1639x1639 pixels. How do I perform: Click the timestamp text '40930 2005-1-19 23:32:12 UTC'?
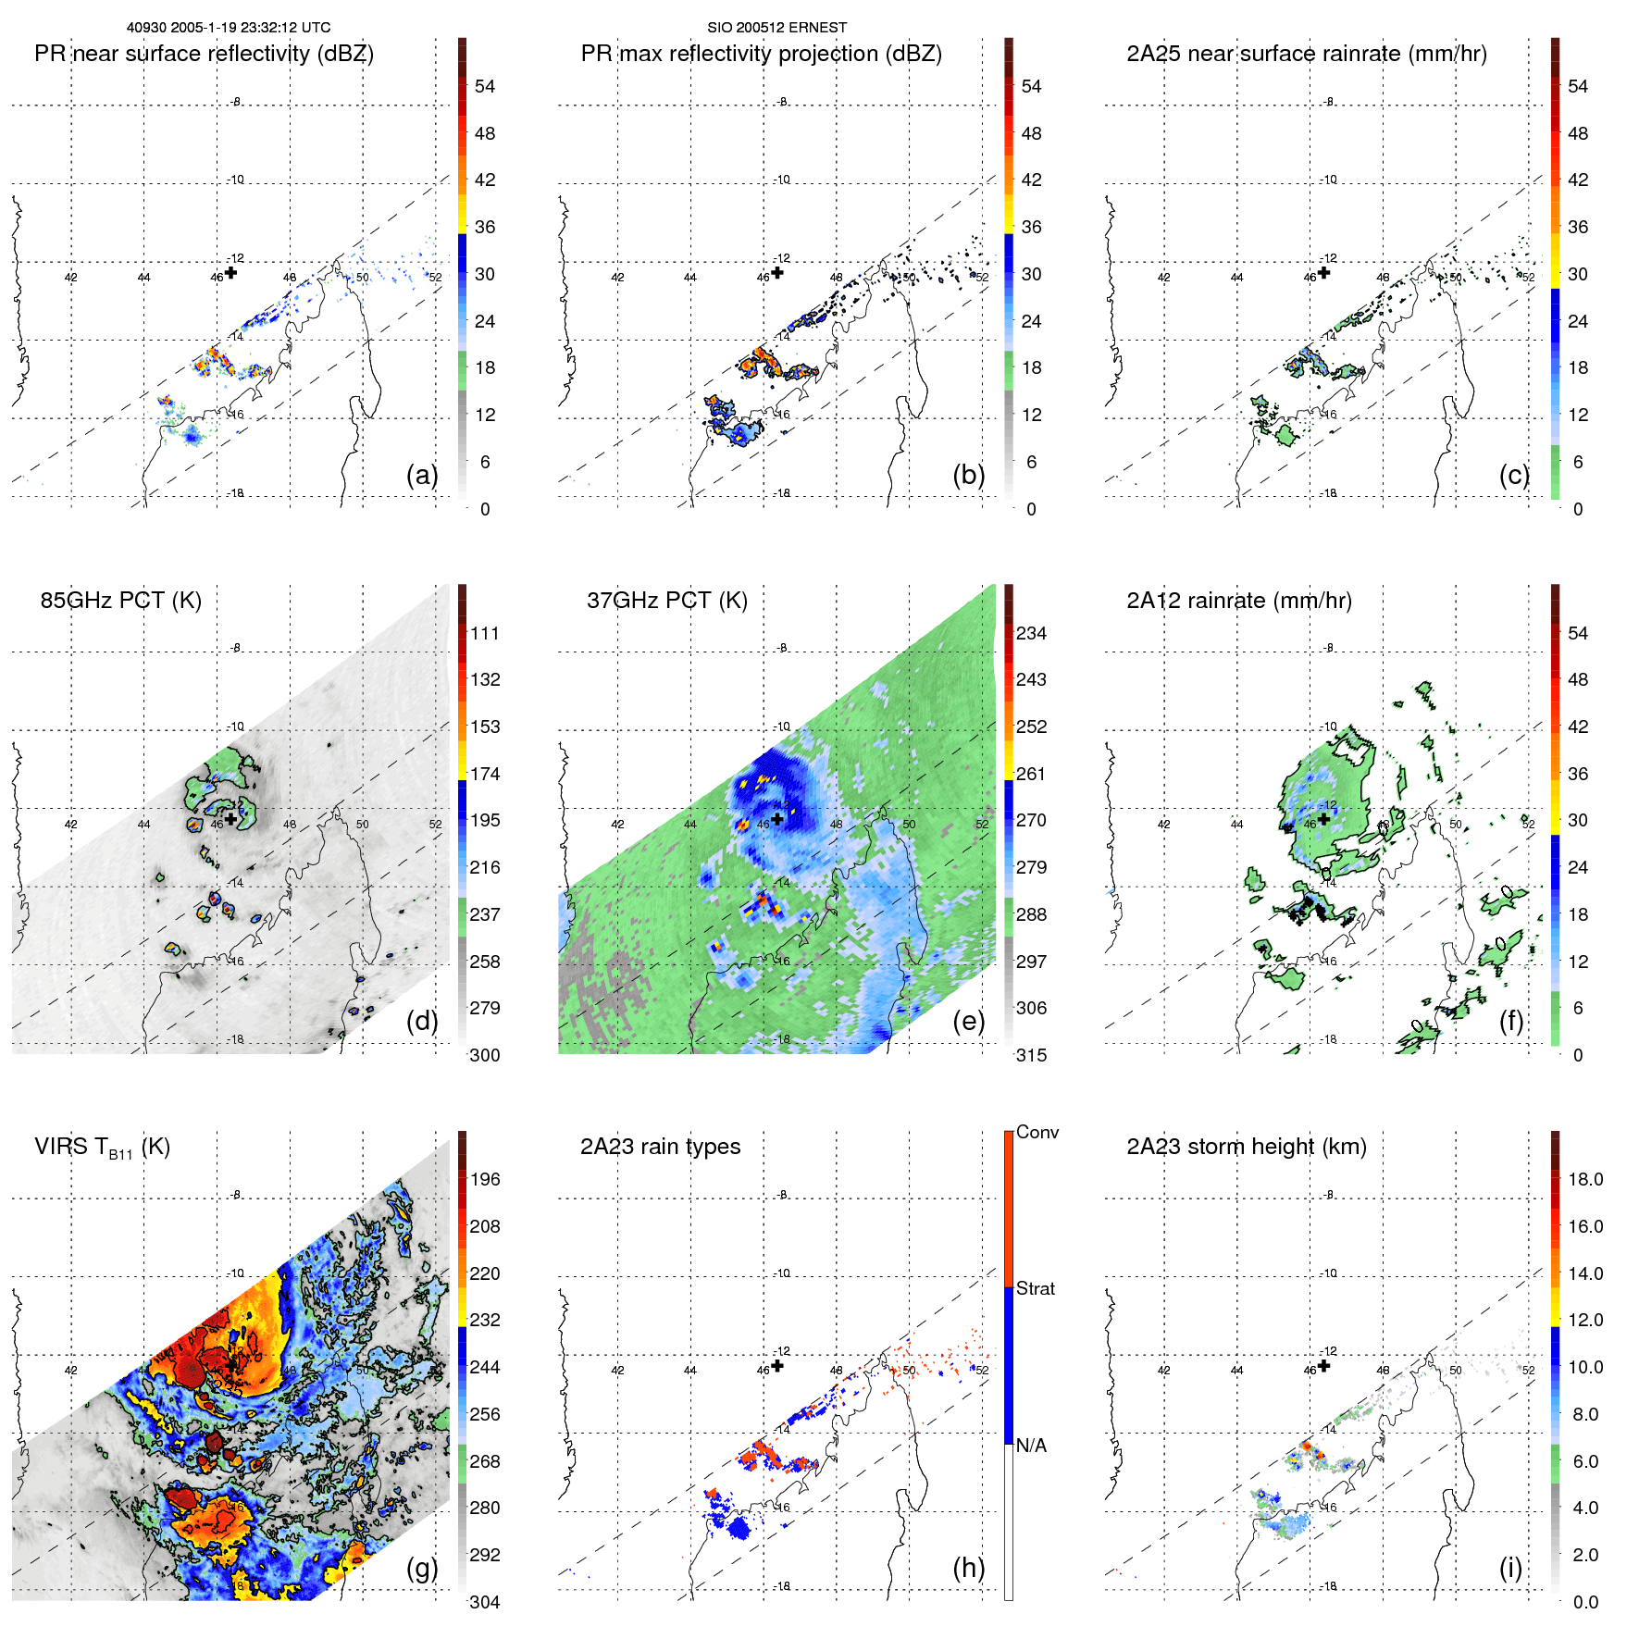point(228,28)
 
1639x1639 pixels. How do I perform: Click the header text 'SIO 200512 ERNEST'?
point(776,28)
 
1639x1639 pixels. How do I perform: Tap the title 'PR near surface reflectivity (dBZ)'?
point(204,54)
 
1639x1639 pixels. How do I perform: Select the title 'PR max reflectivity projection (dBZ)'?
point(761,54)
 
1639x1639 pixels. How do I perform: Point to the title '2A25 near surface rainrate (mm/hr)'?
point(1306,54)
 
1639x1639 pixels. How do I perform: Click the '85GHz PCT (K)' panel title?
point(120,601)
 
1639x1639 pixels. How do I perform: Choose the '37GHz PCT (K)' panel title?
point(666,601)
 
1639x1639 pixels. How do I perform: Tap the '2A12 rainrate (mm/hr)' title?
point(1238,601)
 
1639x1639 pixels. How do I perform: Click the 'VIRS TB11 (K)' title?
point(102,1148)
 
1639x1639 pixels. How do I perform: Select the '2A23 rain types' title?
point(660,1147)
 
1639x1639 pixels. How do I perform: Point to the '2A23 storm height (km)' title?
point(1246,1147)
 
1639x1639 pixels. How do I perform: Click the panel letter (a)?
point(422,475)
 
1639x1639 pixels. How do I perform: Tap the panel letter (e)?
point(968,1021)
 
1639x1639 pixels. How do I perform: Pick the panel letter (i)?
point(1510,1568)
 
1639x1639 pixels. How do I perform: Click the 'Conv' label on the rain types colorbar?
point(1037,1132)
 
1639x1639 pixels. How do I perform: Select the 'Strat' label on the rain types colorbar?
point(1035,1288)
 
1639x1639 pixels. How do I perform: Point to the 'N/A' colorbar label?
point(1031,1446)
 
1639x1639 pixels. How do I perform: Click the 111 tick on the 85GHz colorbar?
point(484,633)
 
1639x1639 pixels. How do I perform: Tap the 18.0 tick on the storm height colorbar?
point(1584,1179)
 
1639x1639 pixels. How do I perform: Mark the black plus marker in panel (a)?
point(230,272)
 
